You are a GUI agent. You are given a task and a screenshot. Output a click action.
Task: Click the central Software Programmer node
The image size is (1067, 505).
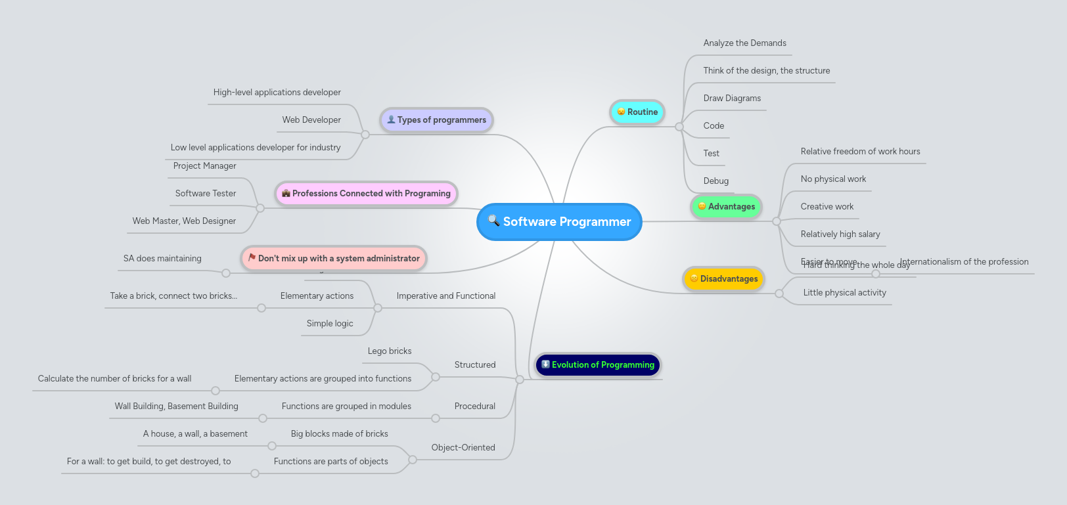[559, 222]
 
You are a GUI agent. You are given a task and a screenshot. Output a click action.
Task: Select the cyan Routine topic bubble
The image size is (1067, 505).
[637, 112]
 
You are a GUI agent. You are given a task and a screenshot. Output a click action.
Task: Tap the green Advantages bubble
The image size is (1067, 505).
[726, 207]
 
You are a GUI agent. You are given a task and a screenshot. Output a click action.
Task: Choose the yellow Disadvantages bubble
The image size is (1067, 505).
[723, 279]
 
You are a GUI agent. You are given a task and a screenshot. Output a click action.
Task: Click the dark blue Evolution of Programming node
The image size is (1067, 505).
[597, 365]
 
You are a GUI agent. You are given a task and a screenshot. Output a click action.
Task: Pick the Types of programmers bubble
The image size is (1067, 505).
[436, 120]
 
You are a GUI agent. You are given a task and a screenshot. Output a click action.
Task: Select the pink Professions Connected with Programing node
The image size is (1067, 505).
[366, 194]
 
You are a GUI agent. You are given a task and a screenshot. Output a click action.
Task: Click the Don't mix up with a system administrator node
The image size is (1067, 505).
[334, 259]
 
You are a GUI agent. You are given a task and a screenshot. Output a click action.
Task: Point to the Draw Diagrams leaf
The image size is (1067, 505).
[732, 99]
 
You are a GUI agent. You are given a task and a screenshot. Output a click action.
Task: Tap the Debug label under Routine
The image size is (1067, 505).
[715, 181]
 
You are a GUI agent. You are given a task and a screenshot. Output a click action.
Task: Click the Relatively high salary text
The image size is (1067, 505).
[840, 234]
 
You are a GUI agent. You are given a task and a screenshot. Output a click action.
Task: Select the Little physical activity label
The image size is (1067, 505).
[844, 293]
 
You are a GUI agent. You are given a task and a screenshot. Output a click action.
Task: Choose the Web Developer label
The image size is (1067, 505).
[311, 120]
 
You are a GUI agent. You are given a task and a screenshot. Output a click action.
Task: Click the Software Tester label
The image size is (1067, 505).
[206, 194]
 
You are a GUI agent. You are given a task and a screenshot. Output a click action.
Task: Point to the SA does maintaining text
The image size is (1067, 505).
[162, 259]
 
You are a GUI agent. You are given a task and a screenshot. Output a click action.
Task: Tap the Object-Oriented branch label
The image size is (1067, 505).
[463, 448]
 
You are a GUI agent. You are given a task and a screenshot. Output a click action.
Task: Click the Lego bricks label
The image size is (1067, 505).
[390, 351]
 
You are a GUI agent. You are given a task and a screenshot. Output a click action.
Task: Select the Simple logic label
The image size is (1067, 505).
[330, 324]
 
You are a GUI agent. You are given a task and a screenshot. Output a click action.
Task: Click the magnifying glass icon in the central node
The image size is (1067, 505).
[493, 221]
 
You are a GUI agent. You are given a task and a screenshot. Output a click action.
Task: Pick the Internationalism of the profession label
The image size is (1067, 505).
[964, 262]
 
